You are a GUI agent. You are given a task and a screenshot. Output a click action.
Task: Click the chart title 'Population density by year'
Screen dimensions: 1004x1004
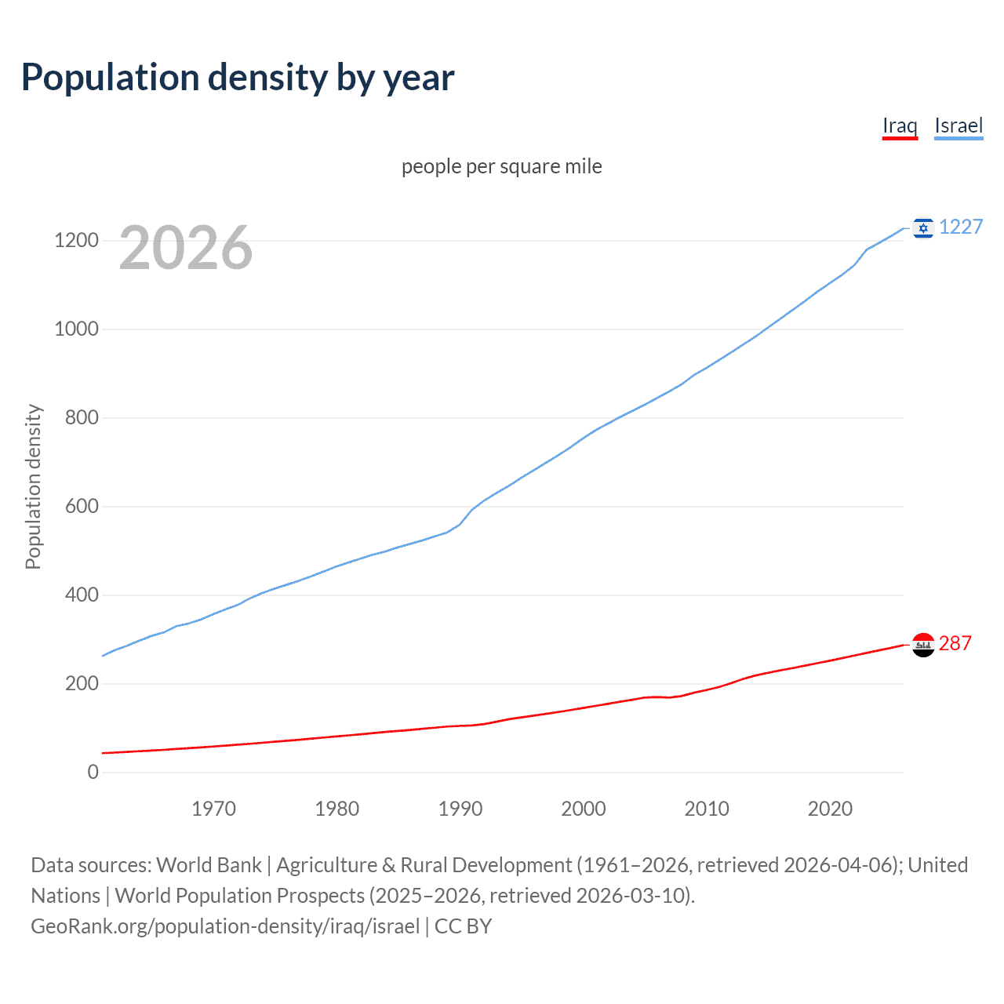pyautogui.click(x=238, y=78)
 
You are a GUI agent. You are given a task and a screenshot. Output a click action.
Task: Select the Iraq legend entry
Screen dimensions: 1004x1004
pyautogui.click(x=900, y=126)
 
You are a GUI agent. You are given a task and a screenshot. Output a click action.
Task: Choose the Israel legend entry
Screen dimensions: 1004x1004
pyautogui.click(x=959, y=126)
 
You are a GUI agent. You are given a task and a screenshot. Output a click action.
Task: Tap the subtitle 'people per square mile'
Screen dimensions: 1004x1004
pyautogui.click(x=502, y=166)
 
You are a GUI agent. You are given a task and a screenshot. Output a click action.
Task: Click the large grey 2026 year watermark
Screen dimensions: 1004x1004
pyautogui.click(x=186, y=248)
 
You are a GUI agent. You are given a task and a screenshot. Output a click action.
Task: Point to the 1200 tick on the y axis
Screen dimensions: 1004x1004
pyautogui.click(x=76, y=240)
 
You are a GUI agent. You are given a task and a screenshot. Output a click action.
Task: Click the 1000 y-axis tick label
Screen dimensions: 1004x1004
pyautogui.click(x=76, y=329)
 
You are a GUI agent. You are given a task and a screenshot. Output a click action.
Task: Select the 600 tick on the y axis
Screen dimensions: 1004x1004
pyautogui.click(x=82, y=506)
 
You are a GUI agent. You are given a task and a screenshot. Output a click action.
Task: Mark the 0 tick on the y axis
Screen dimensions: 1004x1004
pyautogui.click(x=93, y=772)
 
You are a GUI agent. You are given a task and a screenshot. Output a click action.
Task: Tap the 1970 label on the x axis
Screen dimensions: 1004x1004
pyautogui.click(x=213, y=809)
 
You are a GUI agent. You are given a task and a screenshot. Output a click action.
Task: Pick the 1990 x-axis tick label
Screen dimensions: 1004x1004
pyautogui.click(x=460, y=809)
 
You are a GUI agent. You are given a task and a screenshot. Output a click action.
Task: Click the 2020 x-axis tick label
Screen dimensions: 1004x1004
pyautogui.click(x=830, y=809)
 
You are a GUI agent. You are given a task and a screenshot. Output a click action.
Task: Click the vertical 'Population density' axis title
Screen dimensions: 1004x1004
pyautogui.click(x=33, y=486)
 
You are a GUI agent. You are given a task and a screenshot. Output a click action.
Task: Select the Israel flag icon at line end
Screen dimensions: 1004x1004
pyautogui.click(x=923, y=227)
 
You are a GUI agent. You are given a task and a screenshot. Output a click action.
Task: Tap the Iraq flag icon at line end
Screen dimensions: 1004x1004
pyautogui.click(x=923, y=645)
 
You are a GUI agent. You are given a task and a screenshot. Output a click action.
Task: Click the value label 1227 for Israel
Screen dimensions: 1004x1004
pyautogui.click(x=961, y=227)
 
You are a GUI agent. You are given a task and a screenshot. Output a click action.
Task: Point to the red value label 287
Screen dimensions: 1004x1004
pyautogui.click(x=955, y=643)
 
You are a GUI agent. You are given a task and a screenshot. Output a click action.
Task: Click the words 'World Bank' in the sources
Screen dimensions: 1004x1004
pyautogui.click(x=209, y=865)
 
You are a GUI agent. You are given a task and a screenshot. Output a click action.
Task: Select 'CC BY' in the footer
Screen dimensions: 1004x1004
pyautogui.click(x=463, y=926)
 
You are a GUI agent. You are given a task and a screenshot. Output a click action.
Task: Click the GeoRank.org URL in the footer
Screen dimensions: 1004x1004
pyautogui.click(x=225, y=926)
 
